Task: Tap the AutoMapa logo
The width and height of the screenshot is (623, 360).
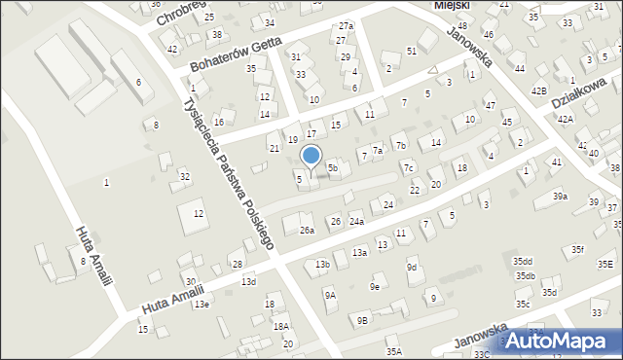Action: click(561, 341)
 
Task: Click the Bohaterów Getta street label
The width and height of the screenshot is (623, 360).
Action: click(236, 54)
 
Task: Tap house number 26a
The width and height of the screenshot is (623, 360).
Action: click(307, 231)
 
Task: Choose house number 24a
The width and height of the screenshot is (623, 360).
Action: click(357, 222)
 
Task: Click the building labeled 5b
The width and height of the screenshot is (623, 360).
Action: click(333, 168)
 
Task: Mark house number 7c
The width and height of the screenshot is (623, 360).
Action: click(410, 167)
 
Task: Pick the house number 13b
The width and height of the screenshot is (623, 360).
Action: click(323, 265)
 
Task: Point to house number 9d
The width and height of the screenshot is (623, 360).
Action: click(412, 267)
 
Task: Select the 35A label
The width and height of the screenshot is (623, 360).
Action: click(393, 351)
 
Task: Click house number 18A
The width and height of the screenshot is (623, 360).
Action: click(280, 327)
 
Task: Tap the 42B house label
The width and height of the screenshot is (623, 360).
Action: click(538, 90)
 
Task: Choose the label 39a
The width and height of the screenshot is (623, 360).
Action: click(560, 197)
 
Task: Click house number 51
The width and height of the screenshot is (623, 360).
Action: click(412, 50)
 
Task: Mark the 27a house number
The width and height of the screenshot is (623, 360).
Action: click(345, 26)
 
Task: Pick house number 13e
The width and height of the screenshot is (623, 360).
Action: click(201, 305)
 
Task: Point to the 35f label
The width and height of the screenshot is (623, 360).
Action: click(578, 250)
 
